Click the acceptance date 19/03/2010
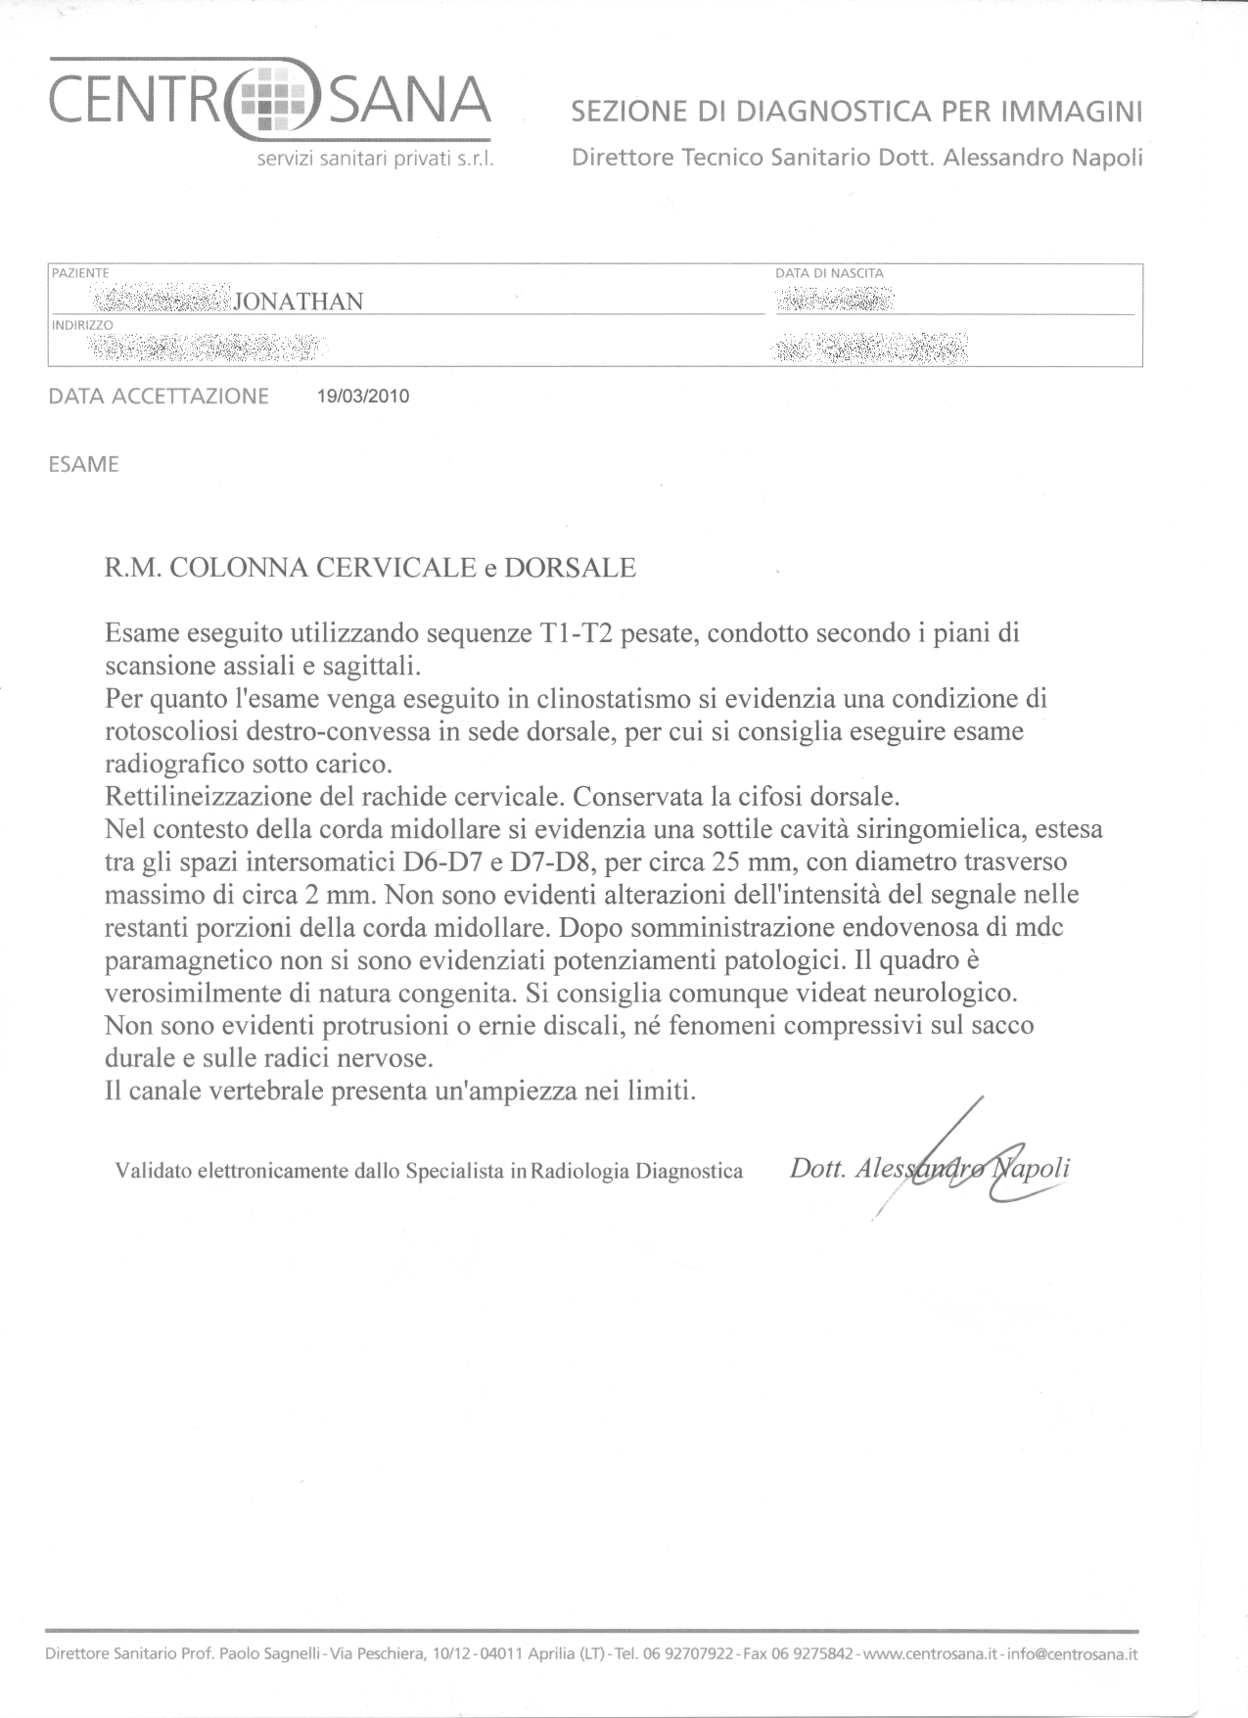coord(363,396)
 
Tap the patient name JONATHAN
coord(299,302)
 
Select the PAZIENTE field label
coord(80,273)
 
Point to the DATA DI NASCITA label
coord(829,273)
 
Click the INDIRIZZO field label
coord(82,324)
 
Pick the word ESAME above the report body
coord(83,465)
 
